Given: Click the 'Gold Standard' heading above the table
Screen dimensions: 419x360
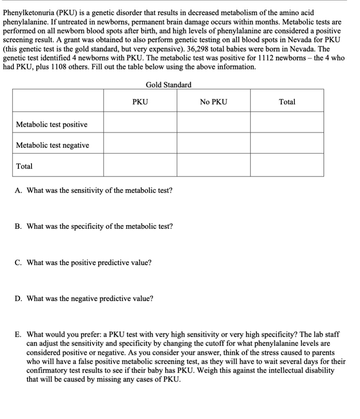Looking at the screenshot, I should tap(168, 85).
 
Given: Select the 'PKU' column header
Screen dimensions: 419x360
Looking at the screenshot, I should tap(140, 102).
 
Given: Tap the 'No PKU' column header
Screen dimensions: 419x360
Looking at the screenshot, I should tap(213, 102).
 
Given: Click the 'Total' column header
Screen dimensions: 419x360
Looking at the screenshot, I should tap(287, 102).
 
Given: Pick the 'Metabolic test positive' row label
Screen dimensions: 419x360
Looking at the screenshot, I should tap(52, 124).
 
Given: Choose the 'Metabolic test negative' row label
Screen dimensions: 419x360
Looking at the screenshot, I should tap(52, 145).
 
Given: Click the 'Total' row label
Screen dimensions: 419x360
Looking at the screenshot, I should tap(24, 166).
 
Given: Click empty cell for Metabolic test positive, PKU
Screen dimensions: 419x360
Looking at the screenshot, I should tap(140, 122).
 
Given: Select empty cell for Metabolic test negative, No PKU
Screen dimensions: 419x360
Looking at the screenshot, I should tap(213, 143).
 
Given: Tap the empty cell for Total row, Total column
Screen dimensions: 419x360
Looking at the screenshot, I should tap(287, 166).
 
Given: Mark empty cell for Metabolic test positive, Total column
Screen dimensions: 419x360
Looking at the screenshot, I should tap(287, 122).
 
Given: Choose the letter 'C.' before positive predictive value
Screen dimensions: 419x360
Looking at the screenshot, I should tap(18, 262).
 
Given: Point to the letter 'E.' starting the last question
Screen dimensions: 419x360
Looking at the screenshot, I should tap(18, 334).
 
